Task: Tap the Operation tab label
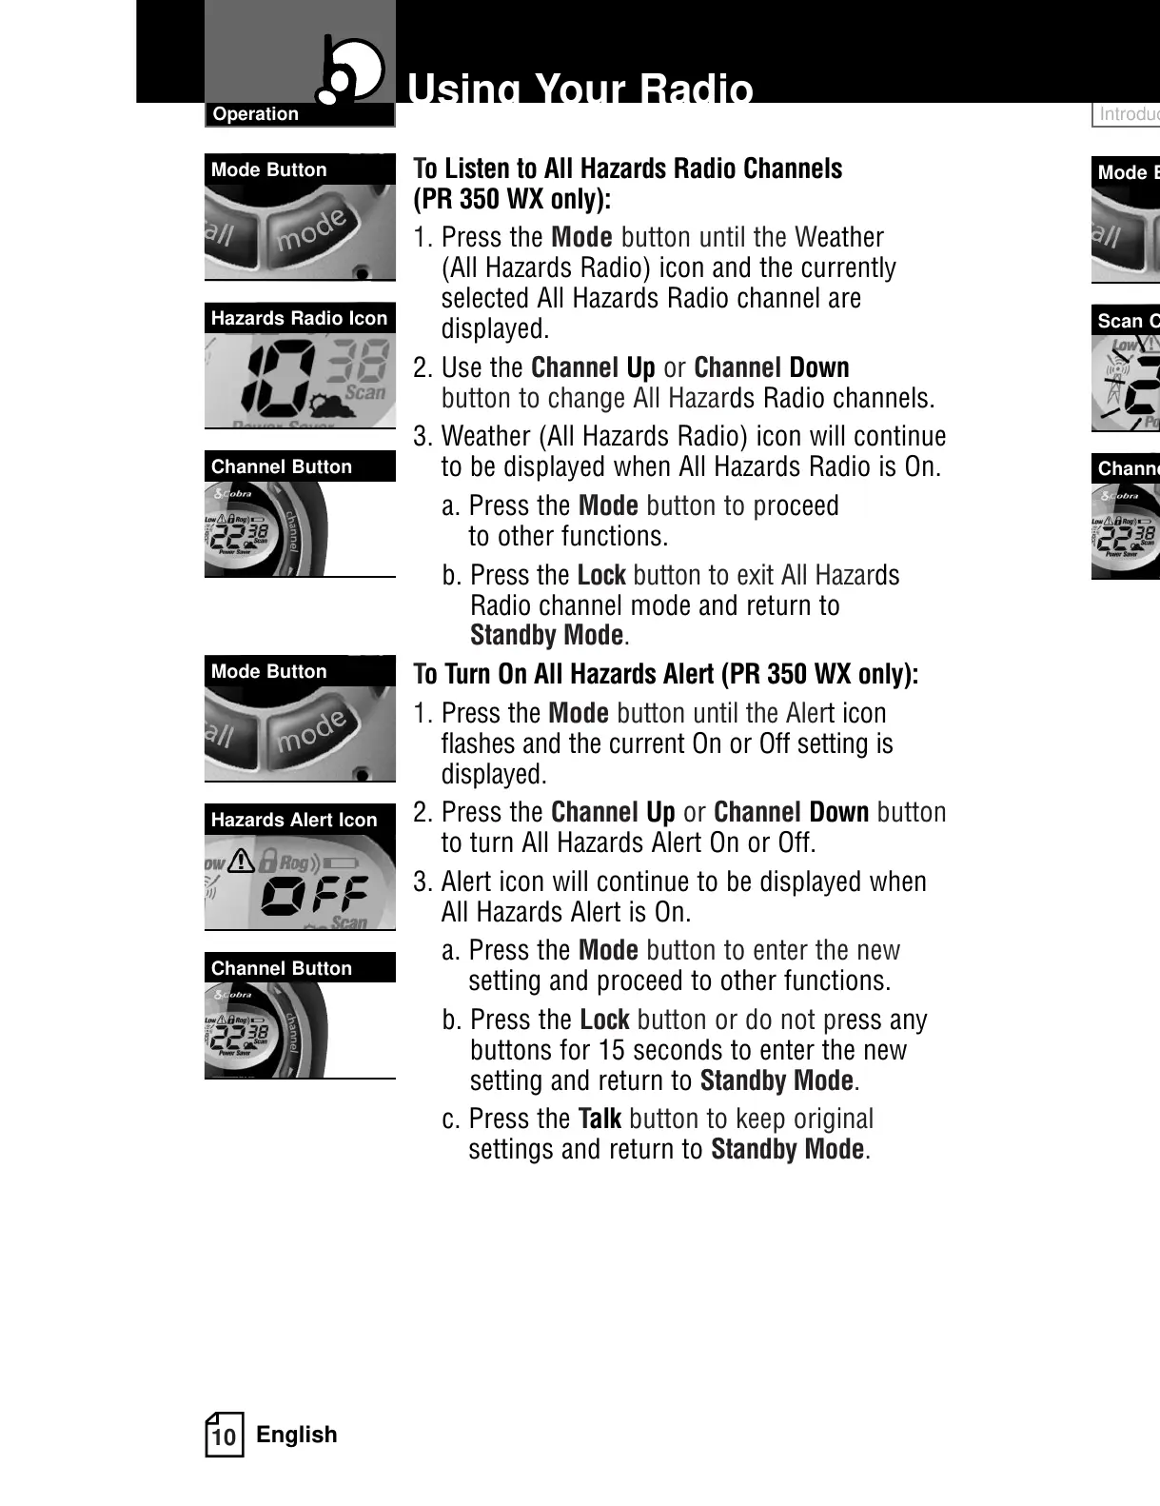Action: (255, 114)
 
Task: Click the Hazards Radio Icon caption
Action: (299, 319)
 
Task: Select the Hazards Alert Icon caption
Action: (294, 820)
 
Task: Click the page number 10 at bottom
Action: (224, 1437)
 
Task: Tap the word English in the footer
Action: (297, 1435)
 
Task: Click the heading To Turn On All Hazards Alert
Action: (666, 674)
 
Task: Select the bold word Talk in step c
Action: (600, 1119)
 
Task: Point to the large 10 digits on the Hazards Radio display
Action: (276, 376)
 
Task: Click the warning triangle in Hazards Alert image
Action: (241, 861)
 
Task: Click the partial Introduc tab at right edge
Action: (1128, 114)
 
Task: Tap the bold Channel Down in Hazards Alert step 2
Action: (791, 812)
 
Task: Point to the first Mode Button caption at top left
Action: (269, 170)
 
